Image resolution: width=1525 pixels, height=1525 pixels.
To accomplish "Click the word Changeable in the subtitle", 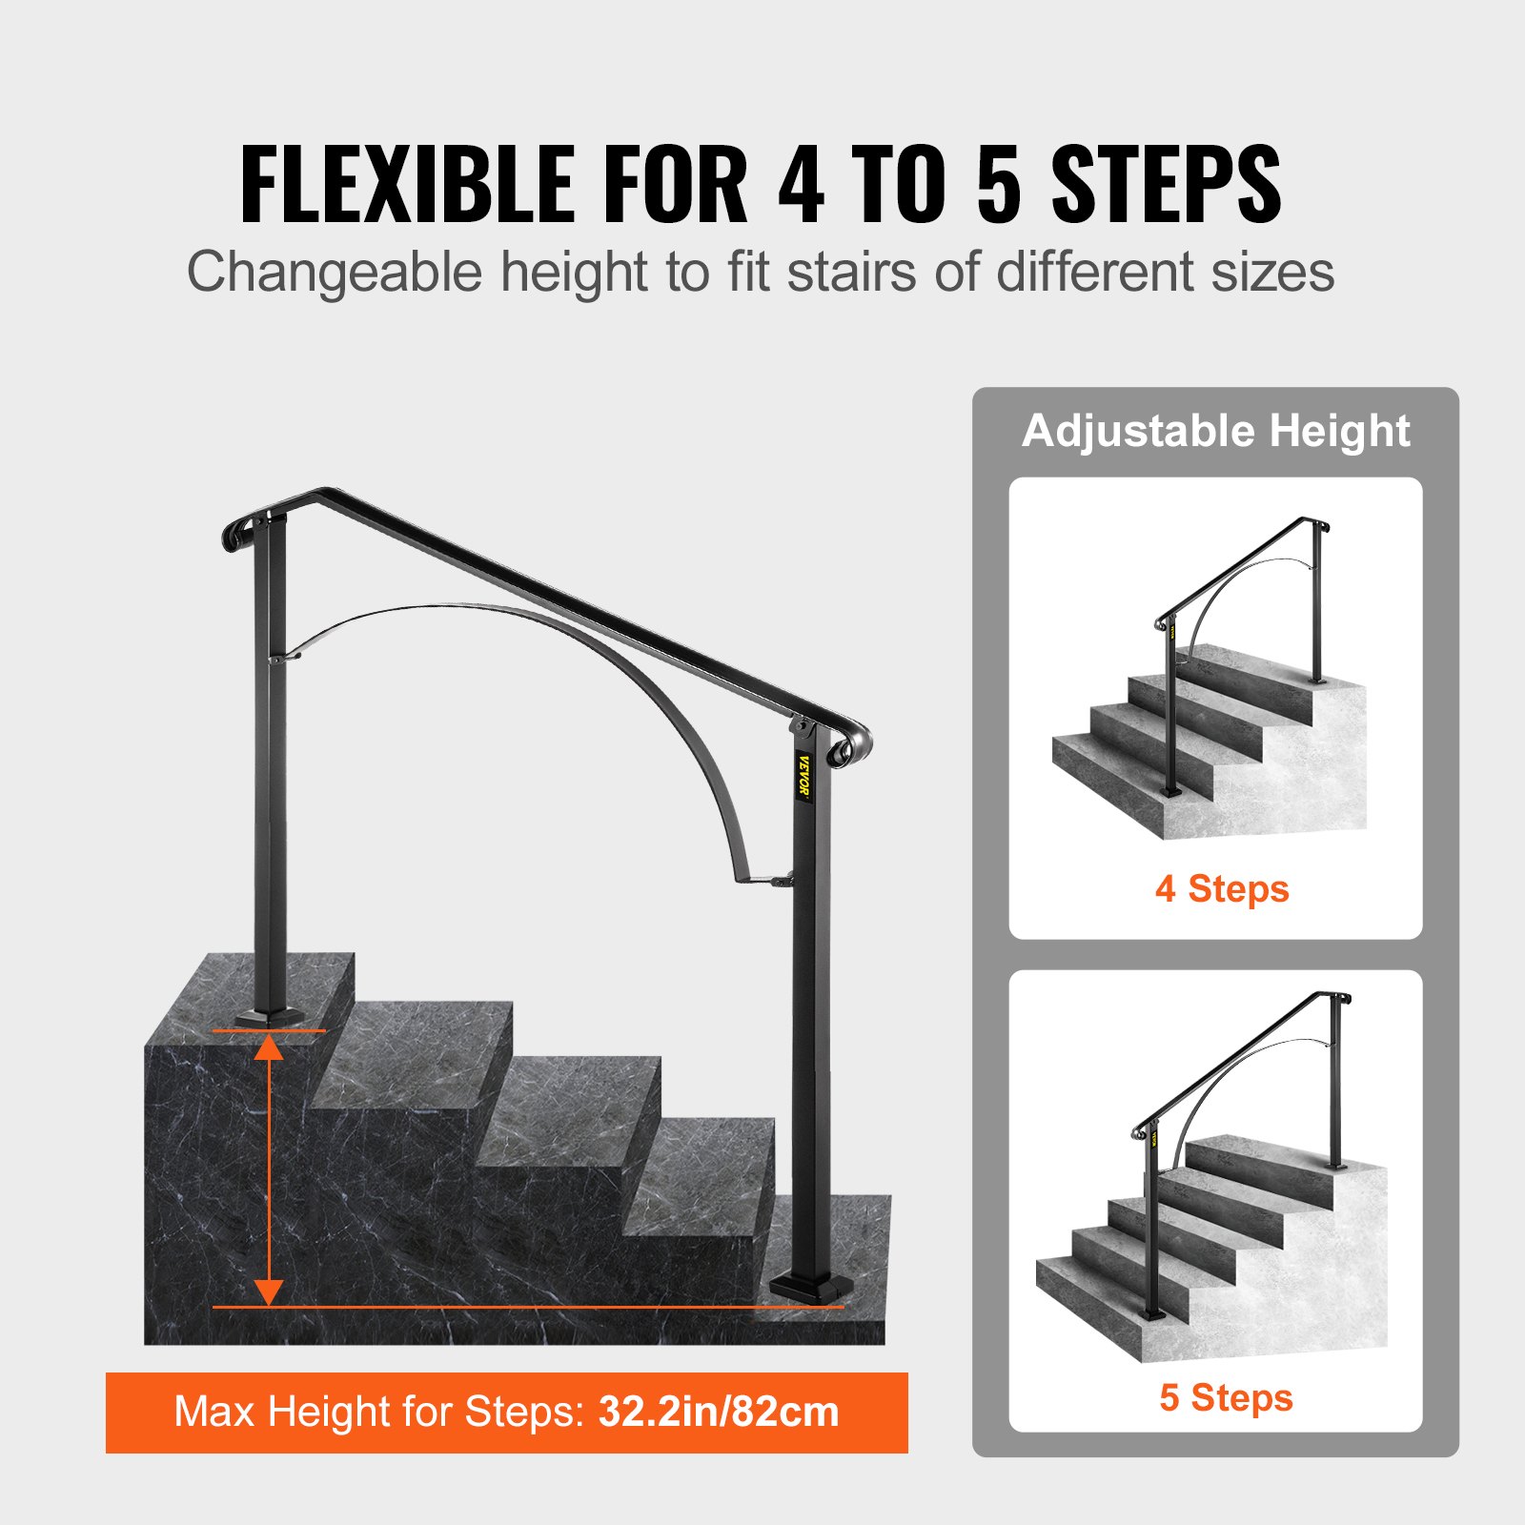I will pyautogui.click(x=335, y=272).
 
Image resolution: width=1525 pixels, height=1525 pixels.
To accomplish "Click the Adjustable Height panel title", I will pyautogui.click(x=1215, y=431).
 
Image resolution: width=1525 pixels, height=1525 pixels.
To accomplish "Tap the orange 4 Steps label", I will pyautogui.click(x=1221, y=889).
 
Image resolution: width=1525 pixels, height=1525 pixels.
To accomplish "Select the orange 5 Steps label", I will pyautogui.click(x=1226, y=1397).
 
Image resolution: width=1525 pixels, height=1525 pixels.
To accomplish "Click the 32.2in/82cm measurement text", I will pyautogui.click(x=719, y=1412).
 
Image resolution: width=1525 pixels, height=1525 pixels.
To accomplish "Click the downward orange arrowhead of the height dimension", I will pyautogui.click(x=270, y=1291).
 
